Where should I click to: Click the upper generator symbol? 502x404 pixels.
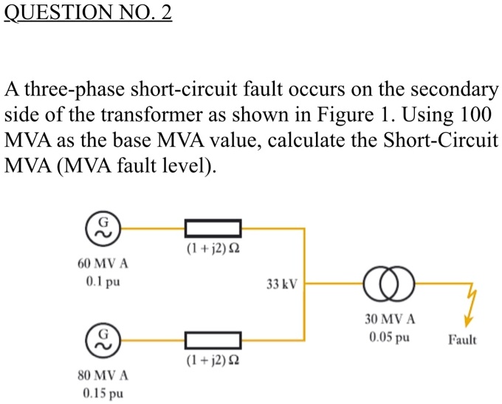click(104, 228)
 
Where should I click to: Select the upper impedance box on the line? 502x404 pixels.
click(213, 228)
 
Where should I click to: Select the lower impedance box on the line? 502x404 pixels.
click(213, 340)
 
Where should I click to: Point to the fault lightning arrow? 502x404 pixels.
click(469, 307)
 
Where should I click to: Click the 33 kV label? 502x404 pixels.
click(281, 284)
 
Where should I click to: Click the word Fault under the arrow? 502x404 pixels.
click(462, 340)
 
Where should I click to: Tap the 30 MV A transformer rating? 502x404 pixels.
click(390, 320)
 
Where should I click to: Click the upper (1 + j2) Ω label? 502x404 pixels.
click(213, 249)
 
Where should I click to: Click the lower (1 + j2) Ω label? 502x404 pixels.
click(213, 361)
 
